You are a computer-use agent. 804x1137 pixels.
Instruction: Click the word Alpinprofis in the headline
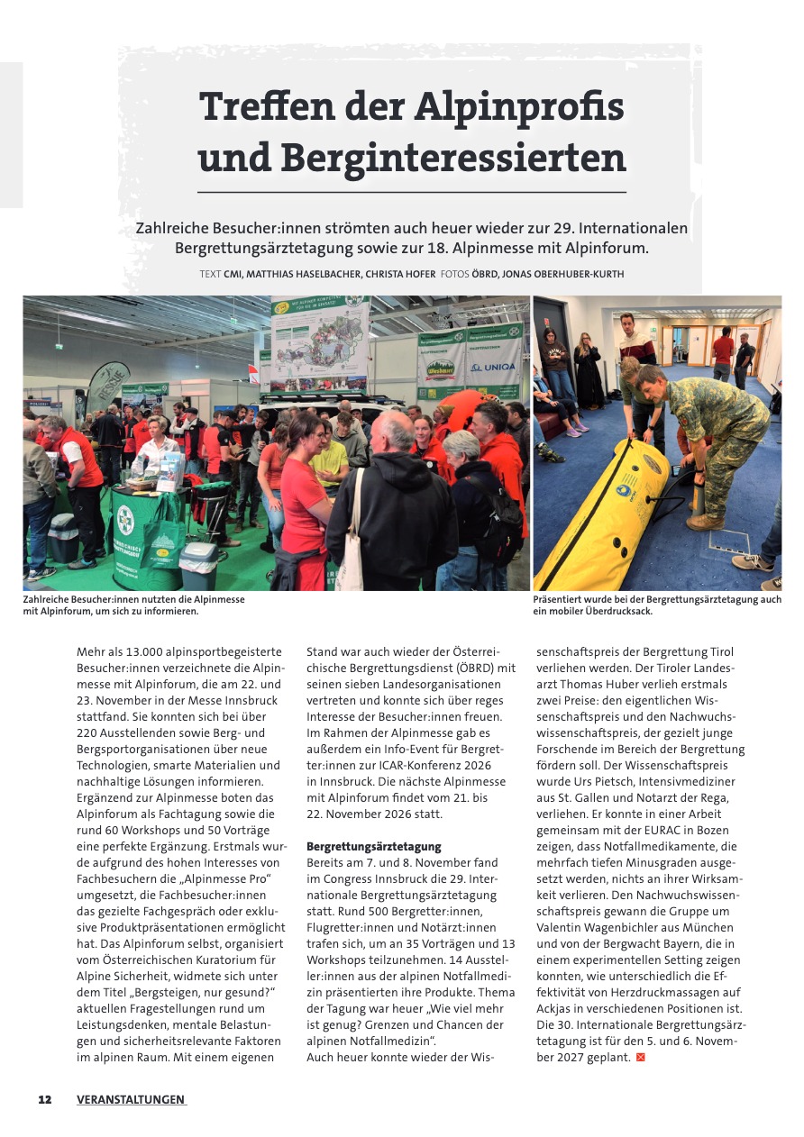coord(519,106)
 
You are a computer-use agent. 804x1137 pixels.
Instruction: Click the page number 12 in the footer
coord(44,1100)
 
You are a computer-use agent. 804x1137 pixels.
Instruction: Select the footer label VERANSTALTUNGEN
coord(131,1100)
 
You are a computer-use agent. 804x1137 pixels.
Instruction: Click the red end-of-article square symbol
coord(641,1057)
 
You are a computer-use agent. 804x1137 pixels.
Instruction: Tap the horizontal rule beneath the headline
coord(412,192)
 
